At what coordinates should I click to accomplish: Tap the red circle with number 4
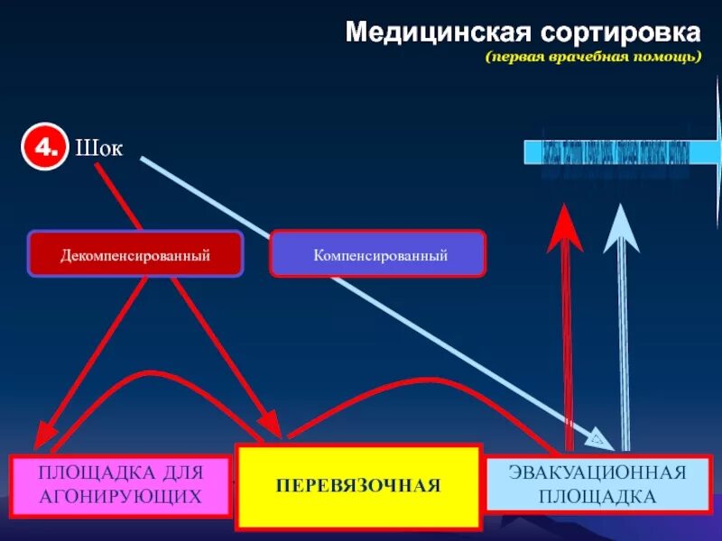42,149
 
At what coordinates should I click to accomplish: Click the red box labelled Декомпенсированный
135,254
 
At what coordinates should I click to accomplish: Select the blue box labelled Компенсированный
379,254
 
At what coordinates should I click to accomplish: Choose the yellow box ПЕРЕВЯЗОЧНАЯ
357,486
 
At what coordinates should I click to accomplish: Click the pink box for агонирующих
119,485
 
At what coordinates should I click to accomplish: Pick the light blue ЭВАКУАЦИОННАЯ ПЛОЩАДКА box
597,484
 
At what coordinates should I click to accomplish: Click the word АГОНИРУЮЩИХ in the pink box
119,496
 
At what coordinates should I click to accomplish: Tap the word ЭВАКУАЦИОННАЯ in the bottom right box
597,472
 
